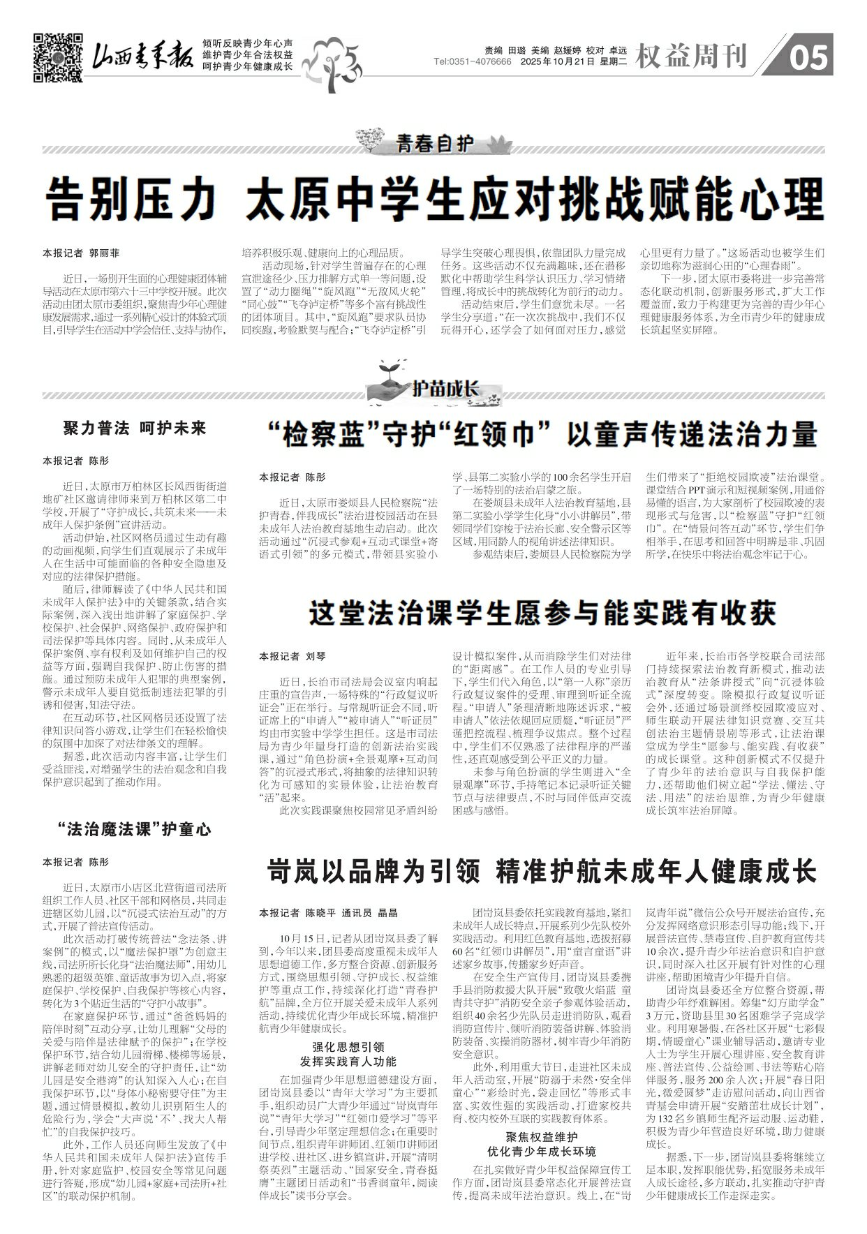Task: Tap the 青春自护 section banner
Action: click(x=434, y=144)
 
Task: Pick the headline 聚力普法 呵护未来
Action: click(x=135, y=429)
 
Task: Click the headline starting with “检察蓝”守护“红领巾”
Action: click(x=541, y=434)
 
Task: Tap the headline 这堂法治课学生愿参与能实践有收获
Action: click(x=542, y=613)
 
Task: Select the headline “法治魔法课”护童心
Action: click(x=135, y=830)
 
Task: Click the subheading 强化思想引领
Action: click(x=348, y=1047)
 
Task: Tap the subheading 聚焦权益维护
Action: click(x=542, y=1136)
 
